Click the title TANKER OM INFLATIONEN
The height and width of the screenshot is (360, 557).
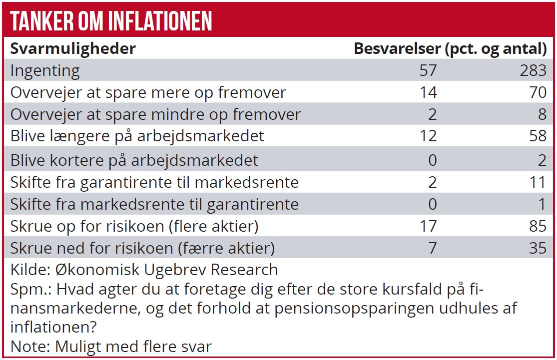111,21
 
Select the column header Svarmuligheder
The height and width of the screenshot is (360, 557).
73,48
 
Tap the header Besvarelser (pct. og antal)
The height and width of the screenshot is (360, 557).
450,48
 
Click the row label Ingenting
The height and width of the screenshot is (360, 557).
45,70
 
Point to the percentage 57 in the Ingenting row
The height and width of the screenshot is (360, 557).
428,70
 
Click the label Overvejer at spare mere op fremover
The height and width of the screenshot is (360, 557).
148,92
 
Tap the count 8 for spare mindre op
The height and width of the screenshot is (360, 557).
542,114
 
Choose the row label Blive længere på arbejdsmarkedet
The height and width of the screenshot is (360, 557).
137,136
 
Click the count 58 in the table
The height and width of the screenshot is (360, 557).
537,136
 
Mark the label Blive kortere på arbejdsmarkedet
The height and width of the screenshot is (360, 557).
134,160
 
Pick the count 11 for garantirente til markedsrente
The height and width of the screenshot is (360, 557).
538,182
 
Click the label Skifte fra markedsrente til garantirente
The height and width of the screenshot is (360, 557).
154,204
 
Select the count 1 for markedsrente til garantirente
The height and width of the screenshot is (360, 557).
543,204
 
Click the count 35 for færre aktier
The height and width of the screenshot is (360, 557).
537,248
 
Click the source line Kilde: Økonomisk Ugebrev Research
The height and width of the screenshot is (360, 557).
144,270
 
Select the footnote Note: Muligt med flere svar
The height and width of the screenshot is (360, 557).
111,347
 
